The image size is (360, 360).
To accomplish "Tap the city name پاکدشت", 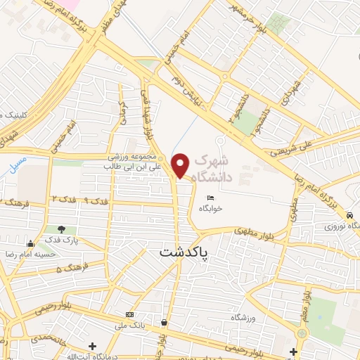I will pos(186,252).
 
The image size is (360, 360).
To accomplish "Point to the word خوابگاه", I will pos(210,208).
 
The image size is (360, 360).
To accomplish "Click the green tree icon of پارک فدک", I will pos(62,229).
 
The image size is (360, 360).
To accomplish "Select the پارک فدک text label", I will pos(62,240).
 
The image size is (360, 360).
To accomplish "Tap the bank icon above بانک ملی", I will pos(129,314).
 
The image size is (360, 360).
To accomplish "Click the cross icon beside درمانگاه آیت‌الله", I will pos(92,346).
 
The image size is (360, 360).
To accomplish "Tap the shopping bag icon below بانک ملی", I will pos(164,323).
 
